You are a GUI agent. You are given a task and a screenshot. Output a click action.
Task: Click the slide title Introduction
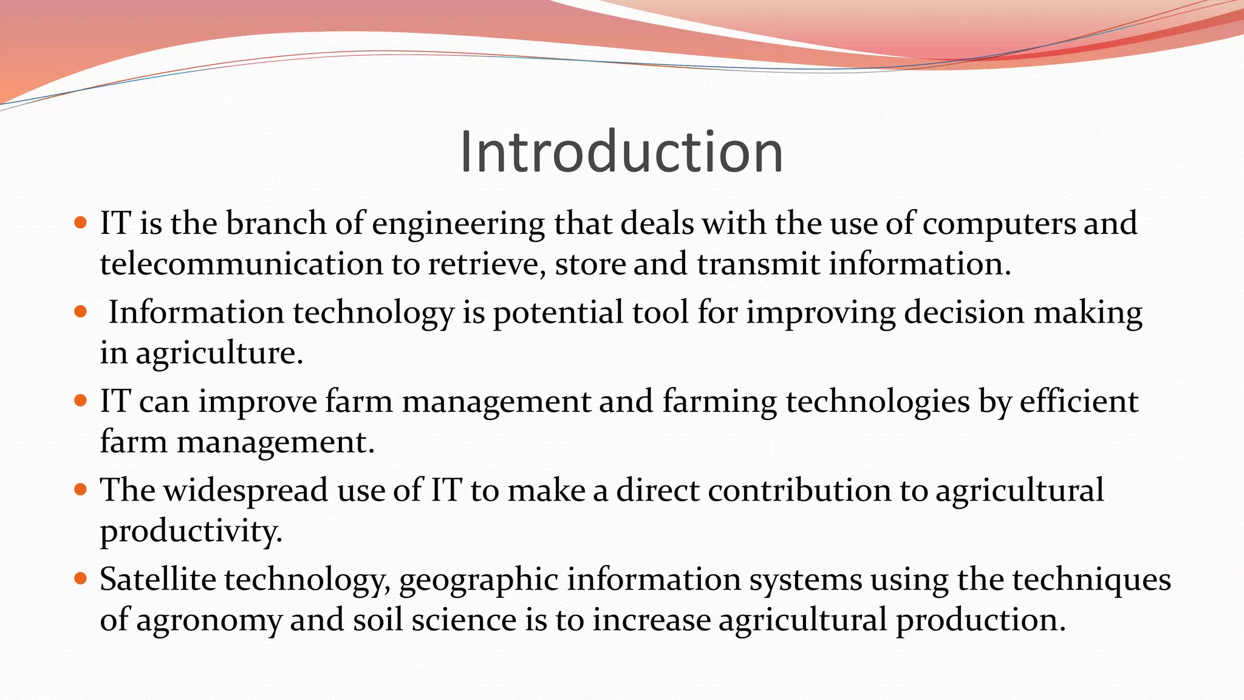tap(621, 152)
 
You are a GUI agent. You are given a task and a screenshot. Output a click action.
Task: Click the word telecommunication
tap(241, 264)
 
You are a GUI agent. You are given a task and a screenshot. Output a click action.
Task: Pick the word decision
tap(964, 312)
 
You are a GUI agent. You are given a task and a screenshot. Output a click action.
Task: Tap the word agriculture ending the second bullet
tap(219, 354)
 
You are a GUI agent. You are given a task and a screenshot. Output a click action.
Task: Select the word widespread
tap(245, 491)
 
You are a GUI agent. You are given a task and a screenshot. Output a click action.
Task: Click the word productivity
tap(191, 532)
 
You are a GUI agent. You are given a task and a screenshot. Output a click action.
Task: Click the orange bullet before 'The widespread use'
tap(80, 489)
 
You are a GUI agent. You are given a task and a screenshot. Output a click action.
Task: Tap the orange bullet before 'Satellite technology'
tap(80, 578)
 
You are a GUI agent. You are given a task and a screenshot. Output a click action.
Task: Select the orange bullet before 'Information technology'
tap(80, 312)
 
